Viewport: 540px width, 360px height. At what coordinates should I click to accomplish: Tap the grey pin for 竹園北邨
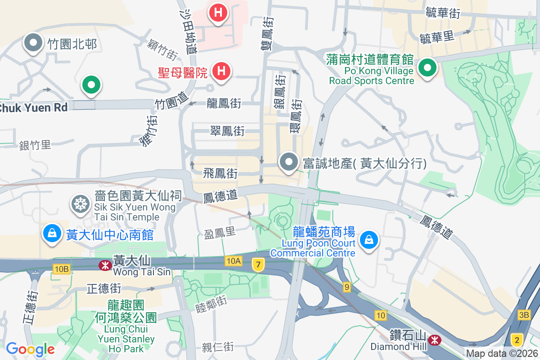[33, 43]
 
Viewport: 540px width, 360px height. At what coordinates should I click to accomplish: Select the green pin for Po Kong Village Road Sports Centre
[427, 69]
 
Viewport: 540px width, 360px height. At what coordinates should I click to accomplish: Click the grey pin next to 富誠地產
[289, 162]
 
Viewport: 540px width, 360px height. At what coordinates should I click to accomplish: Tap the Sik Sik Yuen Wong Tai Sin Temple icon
[81, 204]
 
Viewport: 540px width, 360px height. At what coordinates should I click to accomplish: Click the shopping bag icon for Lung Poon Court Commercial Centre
[369, 240]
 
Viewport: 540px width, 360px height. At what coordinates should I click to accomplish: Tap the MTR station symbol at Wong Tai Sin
[105, 265]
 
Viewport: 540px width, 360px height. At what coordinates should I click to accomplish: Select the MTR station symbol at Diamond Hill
[435, 339]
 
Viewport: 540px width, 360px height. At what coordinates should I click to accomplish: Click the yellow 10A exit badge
[234, 261]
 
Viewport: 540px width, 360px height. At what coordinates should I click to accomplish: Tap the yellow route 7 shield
[258, 265]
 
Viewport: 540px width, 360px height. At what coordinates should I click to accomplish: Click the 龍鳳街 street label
[224, 103]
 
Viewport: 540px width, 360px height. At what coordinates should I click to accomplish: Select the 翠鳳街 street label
[227, 131]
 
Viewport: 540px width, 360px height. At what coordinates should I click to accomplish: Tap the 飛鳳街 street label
[220, 173]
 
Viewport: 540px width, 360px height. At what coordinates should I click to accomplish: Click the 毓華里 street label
[436, 37]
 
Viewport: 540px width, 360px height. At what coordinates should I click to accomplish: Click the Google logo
[30, 349]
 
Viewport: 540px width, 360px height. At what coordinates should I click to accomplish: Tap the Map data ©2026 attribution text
[502, 354]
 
